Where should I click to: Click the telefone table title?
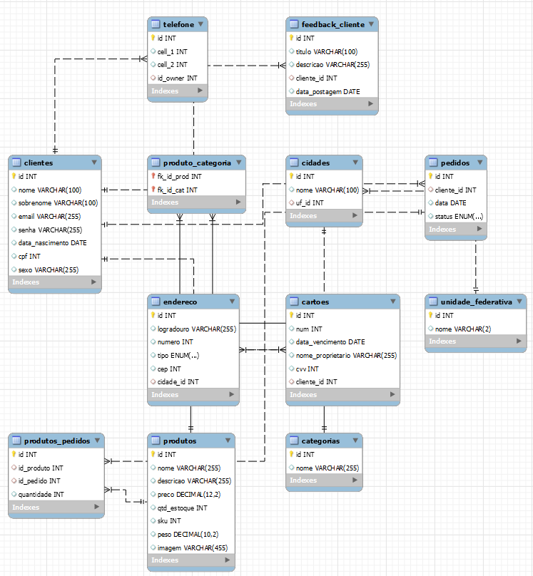tap(178, 24)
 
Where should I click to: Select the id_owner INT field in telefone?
tap(178, 78)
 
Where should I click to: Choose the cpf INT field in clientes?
tap(30, 256)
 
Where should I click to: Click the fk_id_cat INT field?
tap(178, 190)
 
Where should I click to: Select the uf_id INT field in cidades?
tap(309, 203)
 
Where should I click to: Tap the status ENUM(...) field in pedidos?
tap(459, 216)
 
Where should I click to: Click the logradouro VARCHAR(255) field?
tap(196, 329)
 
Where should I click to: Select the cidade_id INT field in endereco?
tap(178, 381)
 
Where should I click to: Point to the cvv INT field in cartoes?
tap(308, 369)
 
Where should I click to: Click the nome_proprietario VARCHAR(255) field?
tap(346, 355)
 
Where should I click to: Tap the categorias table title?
tap(320, 441)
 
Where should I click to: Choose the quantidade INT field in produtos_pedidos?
tap(41, 494)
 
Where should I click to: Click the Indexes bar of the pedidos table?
tap(456, 230)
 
